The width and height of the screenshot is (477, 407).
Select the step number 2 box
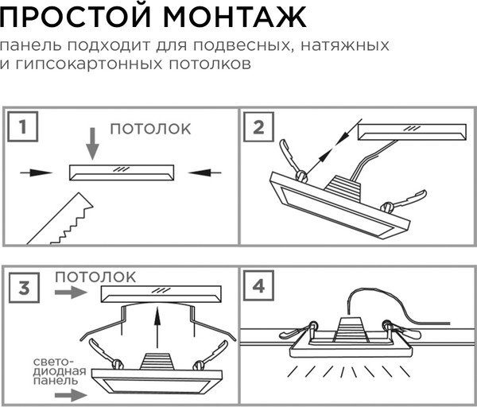259,127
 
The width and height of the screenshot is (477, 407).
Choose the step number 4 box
259,287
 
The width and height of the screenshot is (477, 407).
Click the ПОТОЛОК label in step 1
151,127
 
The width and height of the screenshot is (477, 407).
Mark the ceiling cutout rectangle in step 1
121,172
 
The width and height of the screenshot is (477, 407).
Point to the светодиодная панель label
56,371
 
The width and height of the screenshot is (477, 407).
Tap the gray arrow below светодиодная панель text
68,393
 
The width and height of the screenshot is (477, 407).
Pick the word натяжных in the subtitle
348,45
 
